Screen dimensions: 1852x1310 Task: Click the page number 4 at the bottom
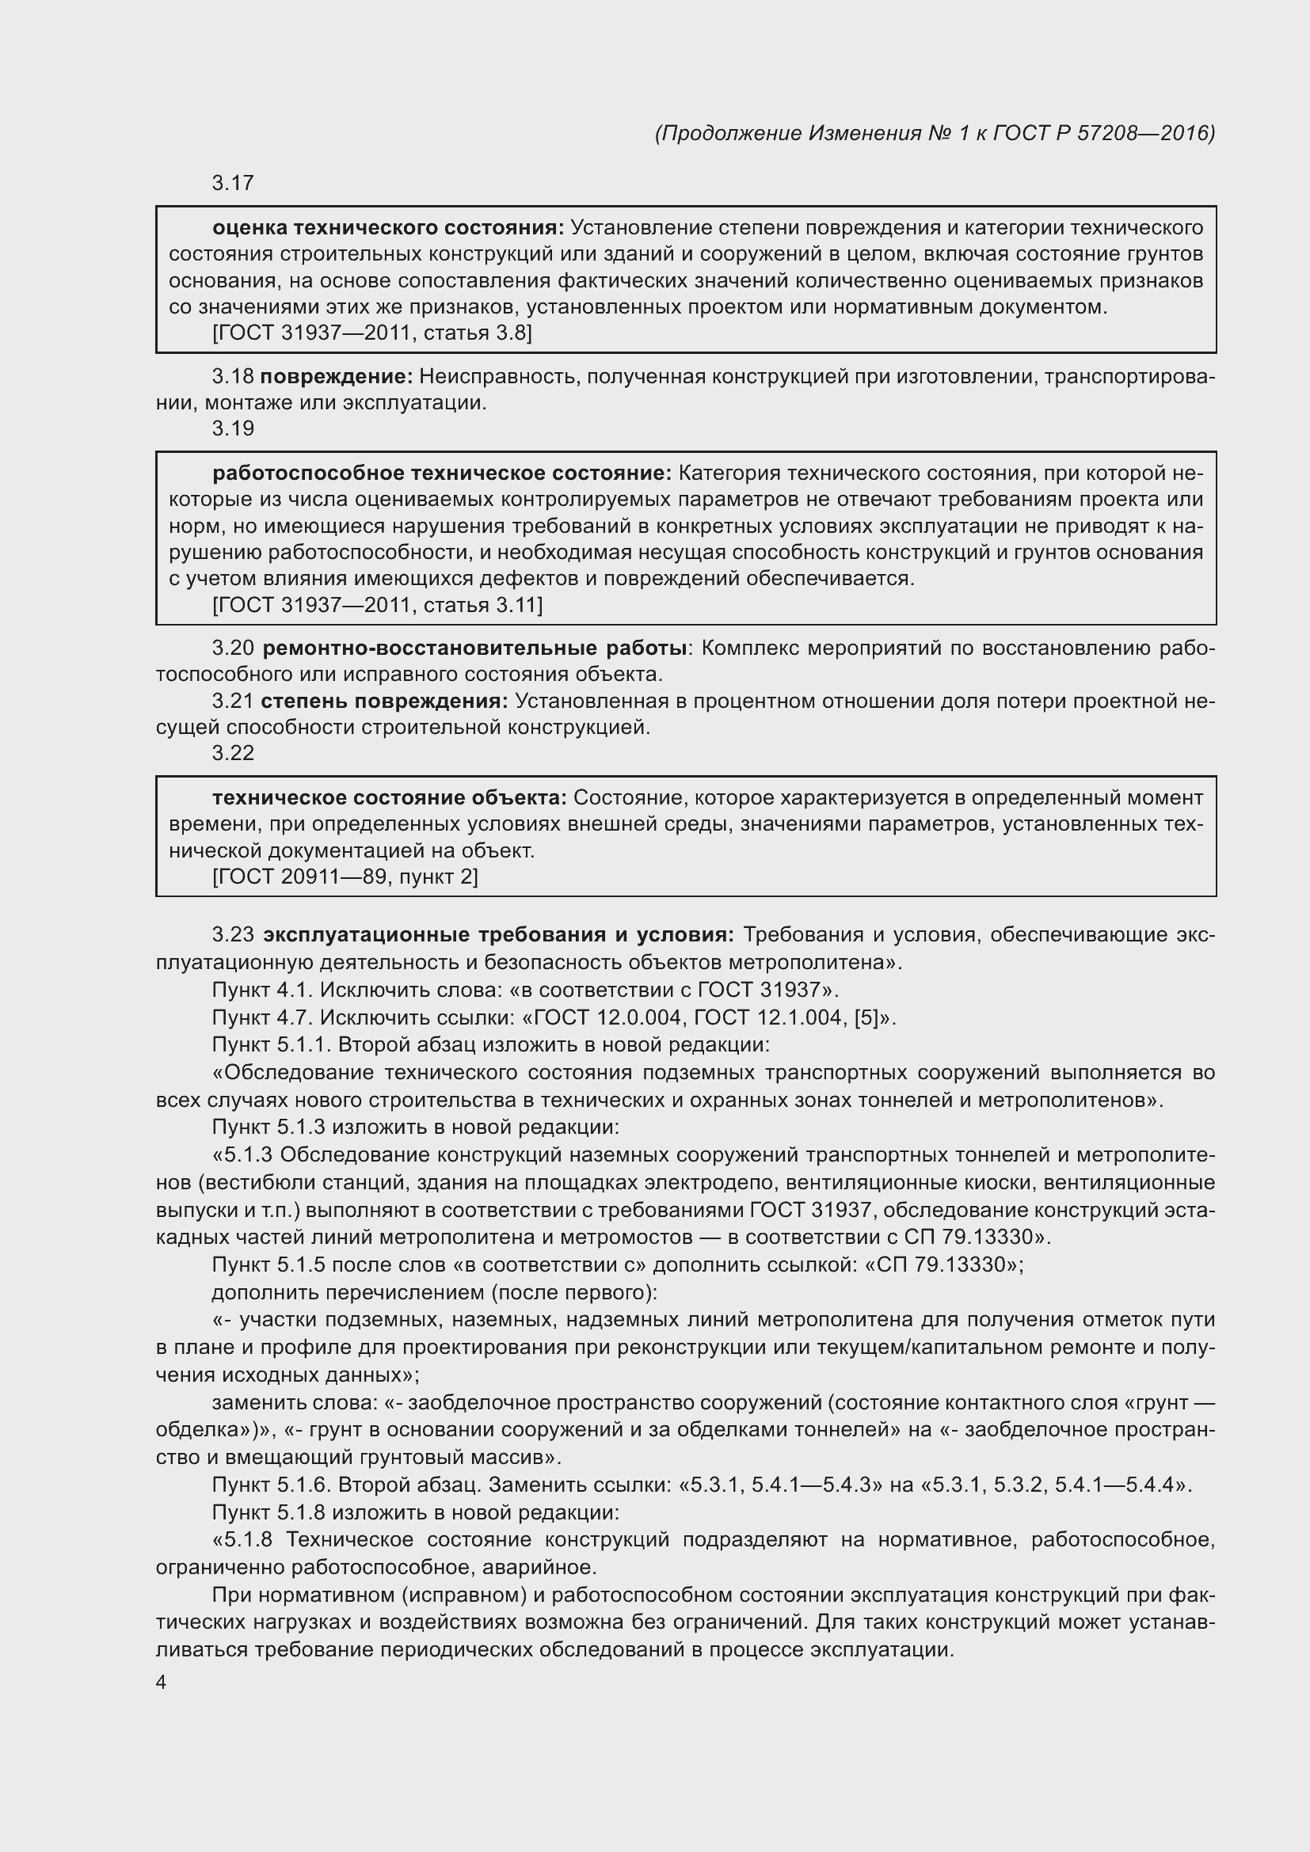click(161, 1682)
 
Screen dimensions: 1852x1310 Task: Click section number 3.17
click(233, 183)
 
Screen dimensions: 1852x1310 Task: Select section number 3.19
click(233, 428)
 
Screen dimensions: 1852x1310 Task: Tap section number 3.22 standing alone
click(233, 752)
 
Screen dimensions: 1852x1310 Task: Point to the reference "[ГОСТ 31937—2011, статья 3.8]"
click(372, 333)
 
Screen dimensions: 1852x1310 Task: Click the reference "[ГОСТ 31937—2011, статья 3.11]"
click(378, 605)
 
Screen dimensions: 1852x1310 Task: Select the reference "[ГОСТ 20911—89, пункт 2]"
click(345, 876)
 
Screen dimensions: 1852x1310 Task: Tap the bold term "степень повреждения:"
click(384, 701)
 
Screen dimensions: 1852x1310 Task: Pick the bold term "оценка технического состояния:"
click(388, 227)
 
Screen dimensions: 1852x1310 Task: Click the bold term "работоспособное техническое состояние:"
click(442, 473)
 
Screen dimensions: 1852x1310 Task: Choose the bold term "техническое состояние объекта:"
click(390, 798)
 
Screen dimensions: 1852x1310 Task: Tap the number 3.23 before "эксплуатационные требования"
click(233, 935)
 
